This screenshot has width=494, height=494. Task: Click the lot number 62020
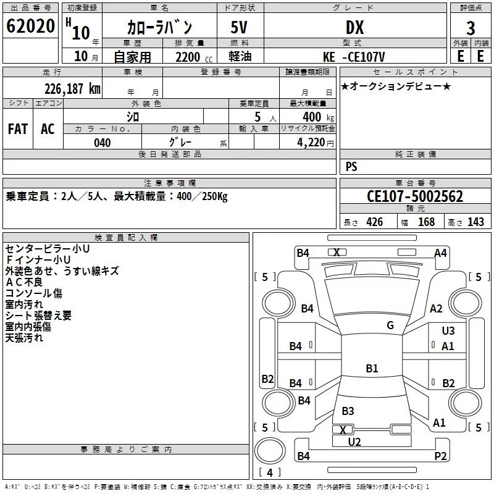click(x=30, y=26)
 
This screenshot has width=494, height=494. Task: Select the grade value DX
click(x=354, y=27)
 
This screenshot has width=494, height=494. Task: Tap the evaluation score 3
click(x=471, y=28)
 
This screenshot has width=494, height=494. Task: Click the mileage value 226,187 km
click(x=72, y=89)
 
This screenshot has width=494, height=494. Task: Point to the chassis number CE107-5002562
click(x=415, y=196)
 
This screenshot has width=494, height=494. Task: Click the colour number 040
click(x=103, y=143)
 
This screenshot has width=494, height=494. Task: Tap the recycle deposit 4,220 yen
click(x=316, y=143)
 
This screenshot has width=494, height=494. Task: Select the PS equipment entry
click(x=351, y=167)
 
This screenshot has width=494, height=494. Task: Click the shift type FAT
click(x=18, y=129)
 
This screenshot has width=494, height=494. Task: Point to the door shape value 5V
click(x=239, y=27)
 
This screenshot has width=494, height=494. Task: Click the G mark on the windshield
click(x=390, y=325)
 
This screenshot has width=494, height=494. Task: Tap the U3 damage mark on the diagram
click(x=448, y=331)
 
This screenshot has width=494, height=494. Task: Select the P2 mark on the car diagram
click(x=440, y=456)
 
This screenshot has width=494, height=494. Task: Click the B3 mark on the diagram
click(x=348, y=411)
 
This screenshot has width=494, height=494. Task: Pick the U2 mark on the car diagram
click(x=354, y=442)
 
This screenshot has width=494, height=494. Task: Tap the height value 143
click(x=475, y=222)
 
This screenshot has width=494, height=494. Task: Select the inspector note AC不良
click(x=24, y=282)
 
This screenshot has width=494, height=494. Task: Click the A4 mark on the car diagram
click(x=440, y=253)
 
